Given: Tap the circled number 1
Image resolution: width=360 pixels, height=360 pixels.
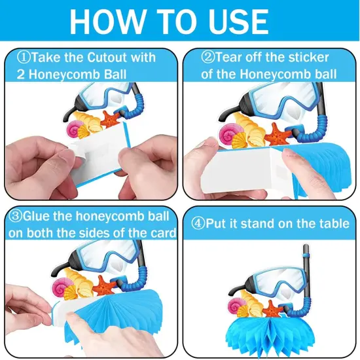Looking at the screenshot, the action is coord(24,57).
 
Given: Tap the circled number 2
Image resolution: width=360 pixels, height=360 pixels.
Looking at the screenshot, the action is coord(208,57).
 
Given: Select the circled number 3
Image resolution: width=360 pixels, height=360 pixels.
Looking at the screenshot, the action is coord(15,216).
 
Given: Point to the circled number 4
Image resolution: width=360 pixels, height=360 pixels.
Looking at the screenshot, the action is coord(198,223).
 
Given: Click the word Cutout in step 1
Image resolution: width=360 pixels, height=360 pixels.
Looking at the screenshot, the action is coord(107,58).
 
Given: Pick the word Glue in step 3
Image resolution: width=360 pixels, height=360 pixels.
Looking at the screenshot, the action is coord(36,216).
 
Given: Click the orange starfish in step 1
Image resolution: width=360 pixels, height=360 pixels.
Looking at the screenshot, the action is coord(111,119).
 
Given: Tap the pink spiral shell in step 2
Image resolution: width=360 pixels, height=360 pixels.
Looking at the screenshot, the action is coord(228,132).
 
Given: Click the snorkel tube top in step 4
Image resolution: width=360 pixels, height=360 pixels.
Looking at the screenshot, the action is coord(306,249).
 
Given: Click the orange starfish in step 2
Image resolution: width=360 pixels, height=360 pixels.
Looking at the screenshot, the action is coord(277,135).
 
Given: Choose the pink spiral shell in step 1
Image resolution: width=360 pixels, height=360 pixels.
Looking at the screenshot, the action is coord(74,128).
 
